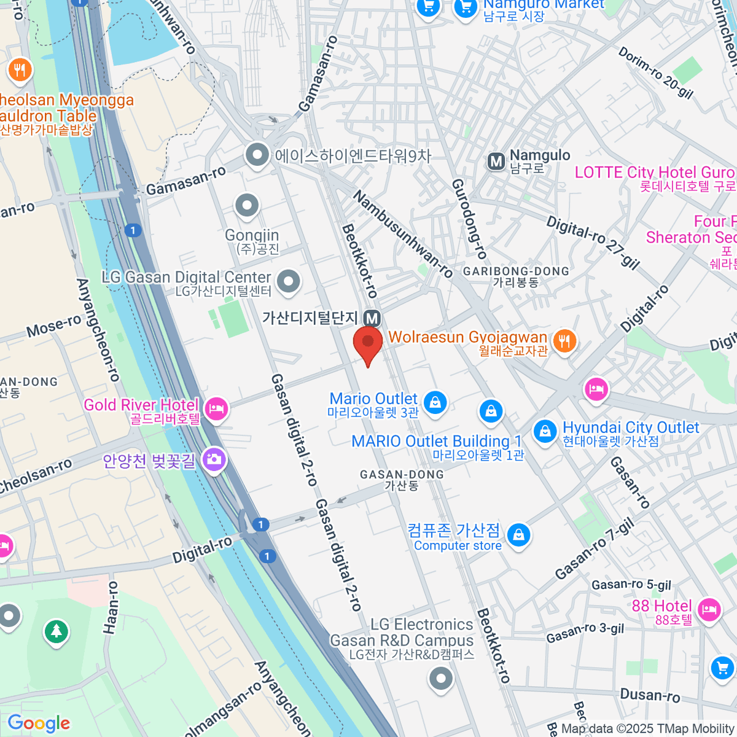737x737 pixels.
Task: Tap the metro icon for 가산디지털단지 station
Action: click(x=372, y=318)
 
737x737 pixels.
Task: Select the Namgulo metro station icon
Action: click(x=496, y=162)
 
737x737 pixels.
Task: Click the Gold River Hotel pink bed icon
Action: click(x=216, y=408)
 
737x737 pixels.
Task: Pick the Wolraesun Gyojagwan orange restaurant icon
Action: click(x=564, y=340)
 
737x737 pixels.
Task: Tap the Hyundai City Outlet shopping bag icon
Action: click(x=544, y=431)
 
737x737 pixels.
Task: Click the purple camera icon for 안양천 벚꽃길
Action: click(x=214, y=459)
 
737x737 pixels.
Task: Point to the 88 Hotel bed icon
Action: click(x=709, y=609)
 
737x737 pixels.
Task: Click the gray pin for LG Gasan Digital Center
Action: click(x=288, y=281)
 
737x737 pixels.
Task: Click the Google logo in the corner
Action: click(x=39, y=723)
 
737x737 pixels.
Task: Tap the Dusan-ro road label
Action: click(x=650, y=695)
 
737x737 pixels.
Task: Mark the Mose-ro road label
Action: click(x=53, y=326)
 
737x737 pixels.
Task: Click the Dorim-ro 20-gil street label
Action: click(x=655, y=73)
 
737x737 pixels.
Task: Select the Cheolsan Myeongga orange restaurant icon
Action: click(x=20, y=70)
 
